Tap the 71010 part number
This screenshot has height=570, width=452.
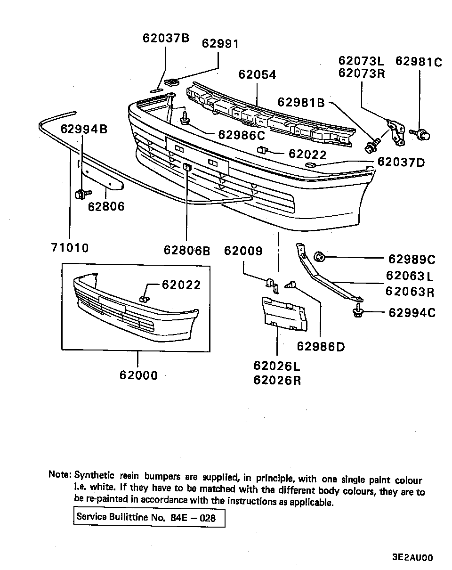70,247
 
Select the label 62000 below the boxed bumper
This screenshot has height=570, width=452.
138,375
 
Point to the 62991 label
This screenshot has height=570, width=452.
220,44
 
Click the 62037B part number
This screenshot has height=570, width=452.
166,38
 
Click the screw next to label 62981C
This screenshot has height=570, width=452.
422,135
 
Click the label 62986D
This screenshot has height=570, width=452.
321,347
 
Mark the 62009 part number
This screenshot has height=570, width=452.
243,251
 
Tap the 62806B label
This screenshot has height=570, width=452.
187,250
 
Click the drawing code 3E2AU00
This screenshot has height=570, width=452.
412,558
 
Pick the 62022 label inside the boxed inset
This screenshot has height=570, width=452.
181,285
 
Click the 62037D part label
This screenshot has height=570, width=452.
401,163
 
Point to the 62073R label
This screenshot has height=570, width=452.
361,74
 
